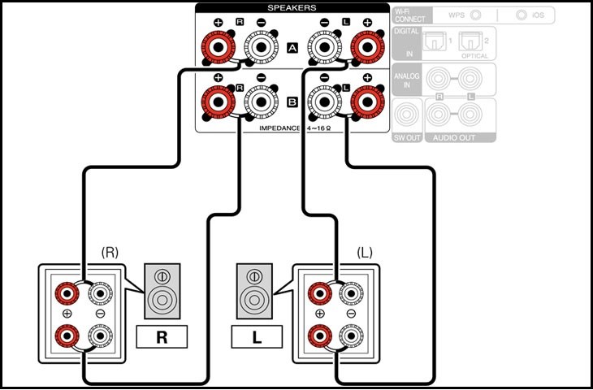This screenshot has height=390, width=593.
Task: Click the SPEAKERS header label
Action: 292,7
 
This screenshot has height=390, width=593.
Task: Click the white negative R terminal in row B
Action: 259,103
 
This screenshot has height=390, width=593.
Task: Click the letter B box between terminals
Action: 292,103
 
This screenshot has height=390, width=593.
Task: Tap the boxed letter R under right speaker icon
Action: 162,336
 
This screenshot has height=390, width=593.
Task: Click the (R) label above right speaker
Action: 110,253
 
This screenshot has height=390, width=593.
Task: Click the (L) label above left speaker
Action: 365,253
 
